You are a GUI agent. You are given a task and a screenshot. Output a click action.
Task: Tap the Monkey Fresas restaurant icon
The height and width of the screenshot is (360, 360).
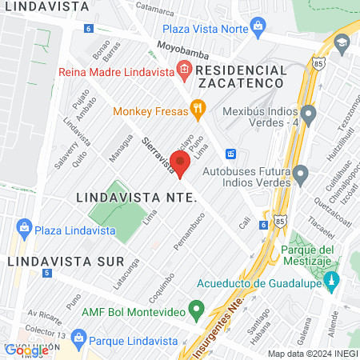click(198, 109)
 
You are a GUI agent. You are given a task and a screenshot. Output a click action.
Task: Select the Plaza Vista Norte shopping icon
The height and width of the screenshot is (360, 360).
click(258, 29)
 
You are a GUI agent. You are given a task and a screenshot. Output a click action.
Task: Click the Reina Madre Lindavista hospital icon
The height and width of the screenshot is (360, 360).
click(184, 71)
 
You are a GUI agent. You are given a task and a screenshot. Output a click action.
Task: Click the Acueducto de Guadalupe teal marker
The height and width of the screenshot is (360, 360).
click(334, 282)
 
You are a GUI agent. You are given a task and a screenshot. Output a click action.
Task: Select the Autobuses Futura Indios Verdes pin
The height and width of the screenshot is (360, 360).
click(301, 173)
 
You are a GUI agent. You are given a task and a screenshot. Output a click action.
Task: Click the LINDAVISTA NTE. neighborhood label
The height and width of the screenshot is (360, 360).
click(136, 196)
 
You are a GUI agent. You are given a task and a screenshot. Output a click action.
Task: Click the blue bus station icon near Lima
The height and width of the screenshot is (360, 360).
click(230, 153)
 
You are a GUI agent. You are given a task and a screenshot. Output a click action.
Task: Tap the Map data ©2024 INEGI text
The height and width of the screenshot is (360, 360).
click(312, 353)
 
